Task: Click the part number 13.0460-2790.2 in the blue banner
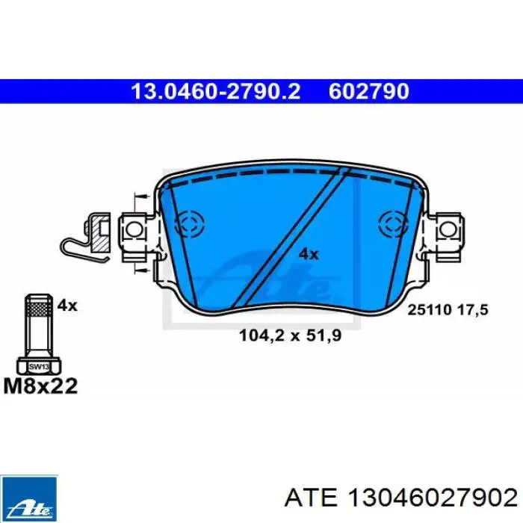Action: [216, 91]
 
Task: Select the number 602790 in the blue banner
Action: [369, 91]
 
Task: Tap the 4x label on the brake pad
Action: [309, 255]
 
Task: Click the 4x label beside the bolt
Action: [67, 305]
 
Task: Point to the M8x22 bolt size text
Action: [40, 386]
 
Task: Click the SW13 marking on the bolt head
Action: [39, 367]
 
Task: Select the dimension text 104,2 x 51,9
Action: [291, 335]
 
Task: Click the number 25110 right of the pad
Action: [430, 310]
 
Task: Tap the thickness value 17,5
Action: [473, 310]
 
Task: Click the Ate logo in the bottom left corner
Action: [29, 499]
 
